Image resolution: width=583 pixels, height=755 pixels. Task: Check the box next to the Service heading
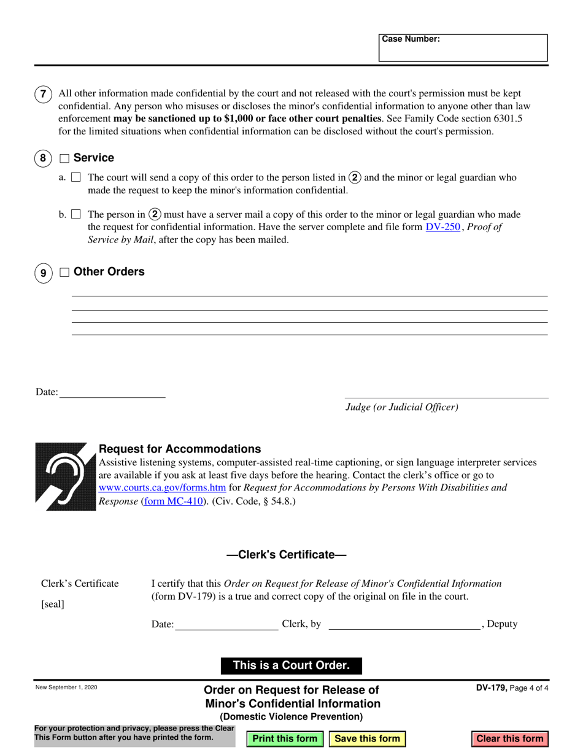click(x=64, y=158)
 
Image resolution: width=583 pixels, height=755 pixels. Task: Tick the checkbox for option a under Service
click(x=76, y=177)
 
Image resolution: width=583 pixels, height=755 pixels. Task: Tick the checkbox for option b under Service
click(x=76, y=214)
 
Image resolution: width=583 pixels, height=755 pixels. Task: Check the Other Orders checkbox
click(x=64, y=272)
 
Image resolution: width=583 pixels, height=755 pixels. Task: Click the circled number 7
click(x=42, y=95)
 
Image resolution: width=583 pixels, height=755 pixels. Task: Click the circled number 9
click(x=42, y=273)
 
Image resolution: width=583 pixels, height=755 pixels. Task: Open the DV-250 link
click(x=442, y=227)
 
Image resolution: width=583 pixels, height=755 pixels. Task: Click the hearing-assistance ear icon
click(x=66, y=476)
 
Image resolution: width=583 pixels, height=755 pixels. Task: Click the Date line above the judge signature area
click(x=112, y=392)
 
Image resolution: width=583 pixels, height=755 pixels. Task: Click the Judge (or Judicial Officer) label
click(x=402, y=407)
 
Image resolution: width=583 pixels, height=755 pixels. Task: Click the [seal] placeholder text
click(x=53, y=604)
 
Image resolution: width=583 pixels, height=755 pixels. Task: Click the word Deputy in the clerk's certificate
click(x=502, y=624)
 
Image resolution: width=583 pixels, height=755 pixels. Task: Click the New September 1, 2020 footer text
click(x=66, y=687)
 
